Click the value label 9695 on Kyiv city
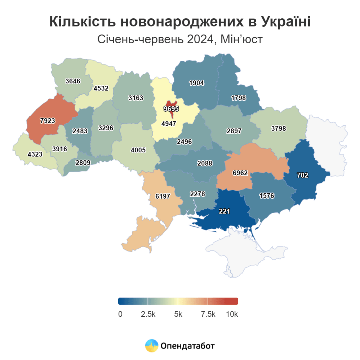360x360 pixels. pos(171,108)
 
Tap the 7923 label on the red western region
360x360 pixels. pos(48,121)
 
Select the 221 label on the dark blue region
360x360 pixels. pos(224,211)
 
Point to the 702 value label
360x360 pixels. pos(302,175)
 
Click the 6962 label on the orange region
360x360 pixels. pos(240,173)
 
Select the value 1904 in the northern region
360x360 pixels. pos(196,83)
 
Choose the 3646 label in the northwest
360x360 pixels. pos(73,81)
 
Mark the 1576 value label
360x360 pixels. pos(267,196)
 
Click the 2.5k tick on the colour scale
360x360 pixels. pos(148,314)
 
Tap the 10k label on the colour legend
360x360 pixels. pos(232,314)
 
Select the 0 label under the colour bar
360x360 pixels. pos(120,314)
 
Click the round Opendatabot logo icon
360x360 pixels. pos(152,346)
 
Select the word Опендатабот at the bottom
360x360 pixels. pos(188,346)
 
